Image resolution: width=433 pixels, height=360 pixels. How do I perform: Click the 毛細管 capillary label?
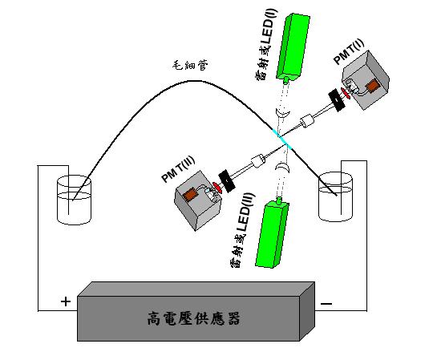pyautogui.click(x=190, y=65)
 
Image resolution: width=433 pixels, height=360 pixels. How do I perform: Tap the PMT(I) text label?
pyautogui.click(x=349, y=51)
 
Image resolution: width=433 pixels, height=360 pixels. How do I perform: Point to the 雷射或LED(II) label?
pyautogui.click(x=242, y=230)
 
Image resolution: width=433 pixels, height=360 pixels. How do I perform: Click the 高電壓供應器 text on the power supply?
pyautogui.click(x=193, y=318)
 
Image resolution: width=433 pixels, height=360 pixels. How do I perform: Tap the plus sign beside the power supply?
pyautogui.click(x=66, y=301)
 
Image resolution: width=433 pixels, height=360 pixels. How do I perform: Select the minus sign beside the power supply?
pyautogui.click(x=326, y=304)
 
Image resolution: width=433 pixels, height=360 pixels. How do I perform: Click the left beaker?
pyautogui.click(x=74, y=200)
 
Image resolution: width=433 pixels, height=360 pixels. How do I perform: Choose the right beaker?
pyautogui.click(x=335, y=196)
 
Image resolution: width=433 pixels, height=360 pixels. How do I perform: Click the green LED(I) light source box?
pyautogui.click(x=293, y=47)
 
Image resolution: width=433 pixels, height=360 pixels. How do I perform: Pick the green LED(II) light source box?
pyautogui.click(x=273, y=233)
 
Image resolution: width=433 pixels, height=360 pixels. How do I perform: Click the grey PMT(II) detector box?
pyautogui.click(x=198, y=200)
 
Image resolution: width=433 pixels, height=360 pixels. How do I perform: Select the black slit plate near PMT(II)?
pyautogui.click(x=227, y=181)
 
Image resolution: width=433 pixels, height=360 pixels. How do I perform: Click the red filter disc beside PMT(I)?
pyautogui.click(x=346, y=94)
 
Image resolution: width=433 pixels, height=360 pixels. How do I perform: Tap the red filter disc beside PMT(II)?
pyautogui.click(x=217, y=187)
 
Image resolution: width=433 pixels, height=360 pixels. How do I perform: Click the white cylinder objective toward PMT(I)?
pyautogui.click(x=307, y=121)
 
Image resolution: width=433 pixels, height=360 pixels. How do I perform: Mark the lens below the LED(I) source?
pyautogui.click(x=282, y=113)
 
